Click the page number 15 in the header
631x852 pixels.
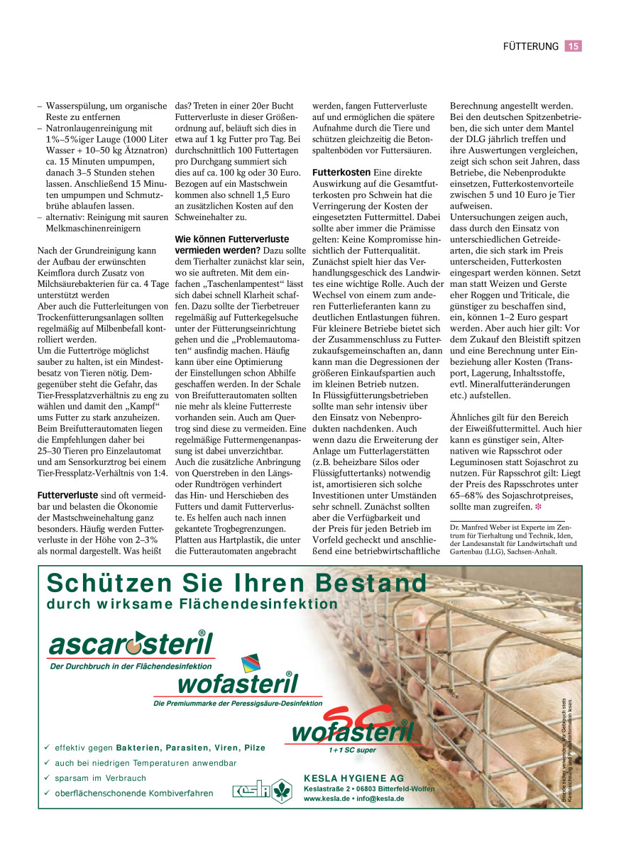[574, 46]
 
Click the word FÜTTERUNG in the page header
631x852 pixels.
[530, 46]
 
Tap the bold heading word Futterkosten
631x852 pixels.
[341, 173]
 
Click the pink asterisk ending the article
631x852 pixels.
[538, 507]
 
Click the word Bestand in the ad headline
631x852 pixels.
[371, 583]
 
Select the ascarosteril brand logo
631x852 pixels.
[131, 645]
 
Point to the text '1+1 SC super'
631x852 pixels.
[352, 750]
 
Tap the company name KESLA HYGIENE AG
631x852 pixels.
[353, 778]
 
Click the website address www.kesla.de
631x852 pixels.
[325, 798]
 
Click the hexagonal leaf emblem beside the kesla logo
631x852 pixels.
[282, 790]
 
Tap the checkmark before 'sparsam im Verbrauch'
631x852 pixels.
[47, 778]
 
